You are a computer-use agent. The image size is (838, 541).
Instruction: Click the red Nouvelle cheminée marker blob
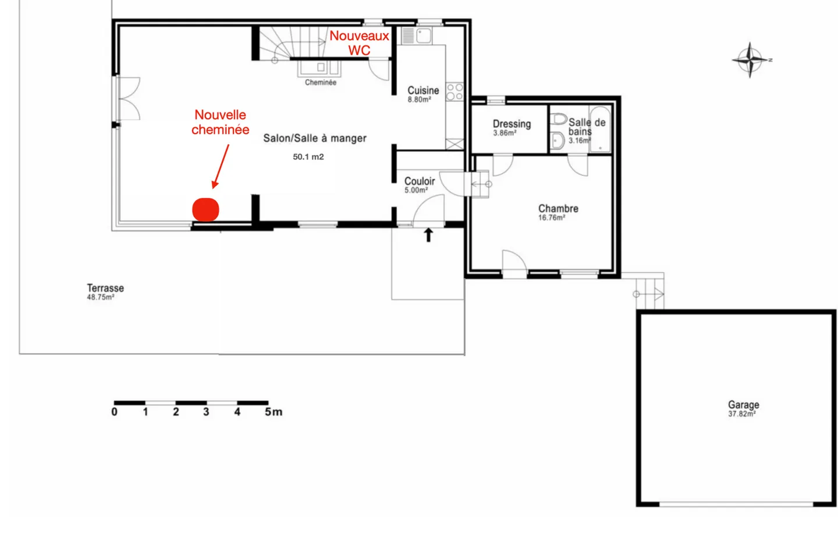tap(205, 209)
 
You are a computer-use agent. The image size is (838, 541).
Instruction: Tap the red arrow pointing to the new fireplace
tap(221, 166)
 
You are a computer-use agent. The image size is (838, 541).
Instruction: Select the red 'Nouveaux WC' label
tap(359, 43)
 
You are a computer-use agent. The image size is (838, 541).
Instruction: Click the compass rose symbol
tap(750, 59)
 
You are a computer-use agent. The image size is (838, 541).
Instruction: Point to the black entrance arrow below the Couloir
tap(428, 234)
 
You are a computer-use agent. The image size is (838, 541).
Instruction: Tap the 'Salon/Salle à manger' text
tap(315, 138)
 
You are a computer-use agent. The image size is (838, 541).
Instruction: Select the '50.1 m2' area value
tap(308, 157)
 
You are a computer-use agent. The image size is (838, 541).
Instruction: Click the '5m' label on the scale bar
tap(273, 412)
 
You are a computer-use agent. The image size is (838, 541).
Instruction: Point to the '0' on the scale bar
tap(114, 412)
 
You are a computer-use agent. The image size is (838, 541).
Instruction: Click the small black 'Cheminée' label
tap(321, 83)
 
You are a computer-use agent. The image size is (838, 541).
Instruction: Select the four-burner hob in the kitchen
tap(454, 92)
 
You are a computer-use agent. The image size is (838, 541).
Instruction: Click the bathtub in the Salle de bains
tap(599, 129)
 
